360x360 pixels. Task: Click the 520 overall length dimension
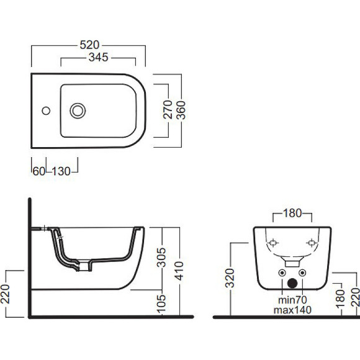pyautogui.click(x=89, y=45)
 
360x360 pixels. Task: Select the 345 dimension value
pyautogui.click(x=99, y=57)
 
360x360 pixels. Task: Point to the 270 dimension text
pyautogui.click(x=168, y=109)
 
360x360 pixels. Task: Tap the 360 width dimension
pyautogui.click(x=181, y=110)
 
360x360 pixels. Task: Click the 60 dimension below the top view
pyautogui.click(x=39, y=171)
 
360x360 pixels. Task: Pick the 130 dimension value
pyautogui.click(x=61, y=171)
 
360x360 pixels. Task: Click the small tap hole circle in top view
pyautogui.click(x=46, y=110)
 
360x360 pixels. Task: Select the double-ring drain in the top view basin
pyautogui.click(x=78, y=111)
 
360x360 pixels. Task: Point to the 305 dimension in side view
pyautogui.click(x=161, y=258)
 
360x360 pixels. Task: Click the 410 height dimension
pyautogui.click(x=179, y=271)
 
